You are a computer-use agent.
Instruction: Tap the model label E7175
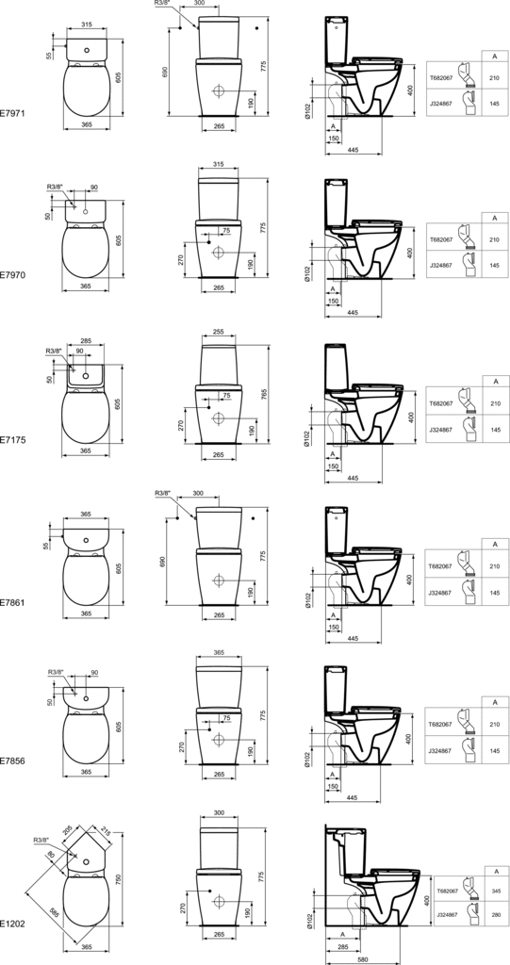pos(12,438)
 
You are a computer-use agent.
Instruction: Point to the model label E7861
pos(12,600)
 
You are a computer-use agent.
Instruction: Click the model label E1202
pos(12,924)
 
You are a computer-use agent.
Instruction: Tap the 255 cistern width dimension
pos(218,332)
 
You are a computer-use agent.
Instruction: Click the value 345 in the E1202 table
pos(494,891)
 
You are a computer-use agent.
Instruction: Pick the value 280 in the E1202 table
pos(494,914)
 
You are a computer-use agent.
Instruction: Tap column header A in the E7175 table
pos(494,381)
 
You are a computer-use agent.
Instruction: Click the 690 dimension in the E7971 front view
pos(167,72)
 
